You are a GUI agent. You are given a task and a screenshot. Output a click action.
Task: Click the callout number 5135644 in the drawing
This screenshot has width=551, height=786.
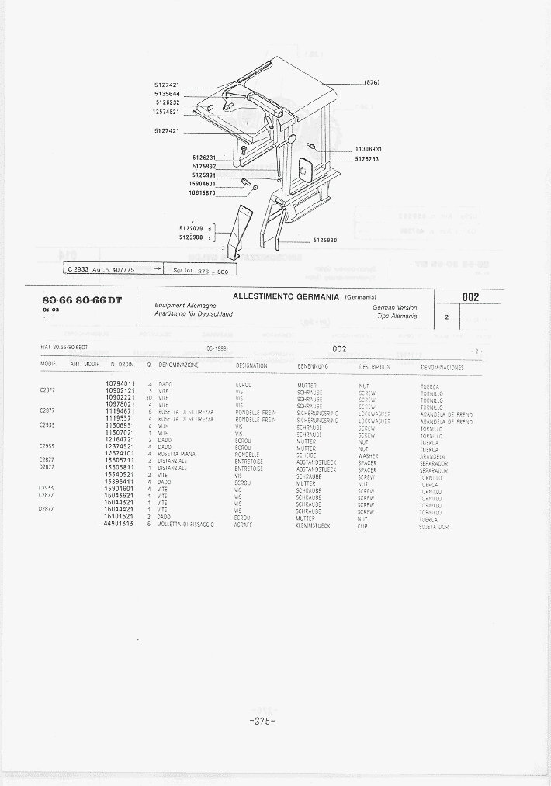167,93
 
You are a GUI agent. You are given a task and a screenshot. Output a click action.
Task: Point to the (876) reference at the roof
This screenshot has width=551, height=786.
371,83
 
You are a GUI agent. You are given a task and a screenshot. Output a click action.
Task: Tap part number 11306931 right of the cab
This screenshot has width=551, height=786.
369,149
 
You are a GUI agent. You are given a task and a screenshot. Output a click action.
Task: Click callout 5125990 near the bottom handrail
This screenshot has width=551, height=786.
324,240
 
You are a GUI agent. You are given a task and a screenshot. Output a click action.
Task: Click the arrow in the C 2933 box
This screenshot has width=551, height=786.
157,268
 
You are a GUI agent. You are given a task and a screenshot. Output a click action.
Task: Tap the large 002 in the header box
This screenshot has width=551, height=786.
471,296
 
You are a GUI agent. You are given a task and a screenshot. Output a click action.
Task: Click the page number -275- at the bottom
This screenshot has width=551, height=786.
264,722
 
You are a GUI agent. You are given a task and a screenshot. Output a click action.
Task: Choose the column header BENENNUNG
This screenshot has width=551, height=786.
313,365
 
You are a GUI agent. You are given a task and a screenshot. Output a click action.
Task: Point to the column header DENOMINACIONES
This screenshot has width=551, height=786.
442,367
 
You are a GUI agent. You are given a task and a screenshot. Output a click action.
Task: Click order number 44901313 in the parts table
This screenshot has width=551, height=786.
120,525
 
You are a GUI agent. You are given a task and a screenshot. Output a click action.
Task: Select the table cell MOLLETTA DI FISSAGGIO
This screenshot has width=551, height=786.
187,525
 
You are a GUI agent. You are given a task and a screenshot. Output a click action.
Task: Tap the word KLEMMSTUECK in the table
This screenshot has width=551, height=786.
314,525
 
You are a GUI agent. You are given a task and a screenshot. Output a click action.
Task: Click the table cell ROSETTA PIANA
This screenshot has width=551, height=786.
177,455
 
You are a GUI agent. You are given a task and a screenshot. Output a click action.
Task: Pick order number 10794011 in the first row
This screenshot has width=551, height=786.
120,384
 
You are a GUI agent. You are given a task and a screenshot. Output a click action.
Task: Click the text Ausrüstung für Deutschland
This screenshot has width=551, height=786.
194,314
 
